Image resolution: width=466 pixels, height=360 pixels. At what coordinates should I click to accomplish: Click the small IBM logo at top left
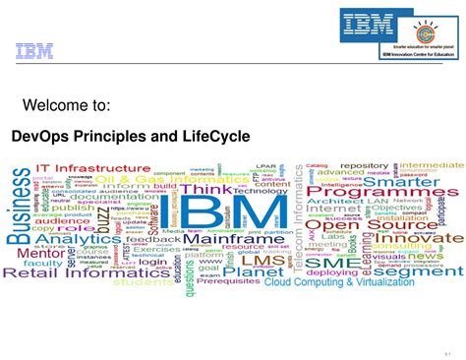click(x=33, y=52)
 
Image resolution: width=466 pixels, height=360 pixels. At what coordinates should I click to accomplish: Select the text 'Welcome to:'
click(x=66, y=105)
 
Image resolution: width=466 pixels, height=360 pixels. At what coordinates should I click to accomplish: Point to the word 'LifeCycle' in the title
click(x=215, y=135)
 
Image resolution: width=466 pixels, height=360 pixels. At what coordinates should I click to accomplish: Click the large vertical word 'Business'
click(x=21, y=206)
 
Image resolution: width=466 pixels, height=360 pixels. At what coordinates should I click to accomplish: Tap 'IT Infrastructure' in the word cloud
click(x=93, y=168)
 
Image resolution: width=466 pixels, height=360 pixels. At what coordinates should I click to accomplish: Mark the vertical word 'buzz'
click(x=102, y=221)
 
